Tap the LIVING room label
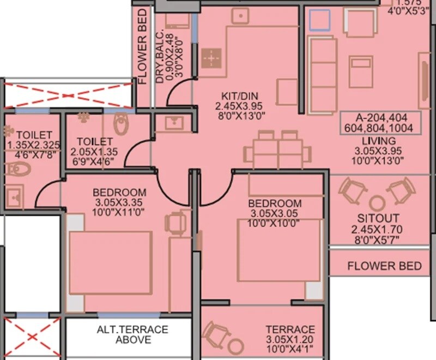coord(379,141)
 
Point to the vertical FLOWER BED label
coord(143,53)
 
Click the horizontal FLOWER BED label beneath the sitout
coord(384,266)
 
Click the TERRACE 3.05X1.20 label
coord(289,329)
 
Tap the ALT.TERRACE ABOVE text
coord(132,334)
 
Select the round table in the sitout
coord(376,203)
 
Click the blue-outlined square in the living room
coord(319,20)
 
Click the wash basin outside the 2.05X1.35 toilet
coord(171,123)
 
